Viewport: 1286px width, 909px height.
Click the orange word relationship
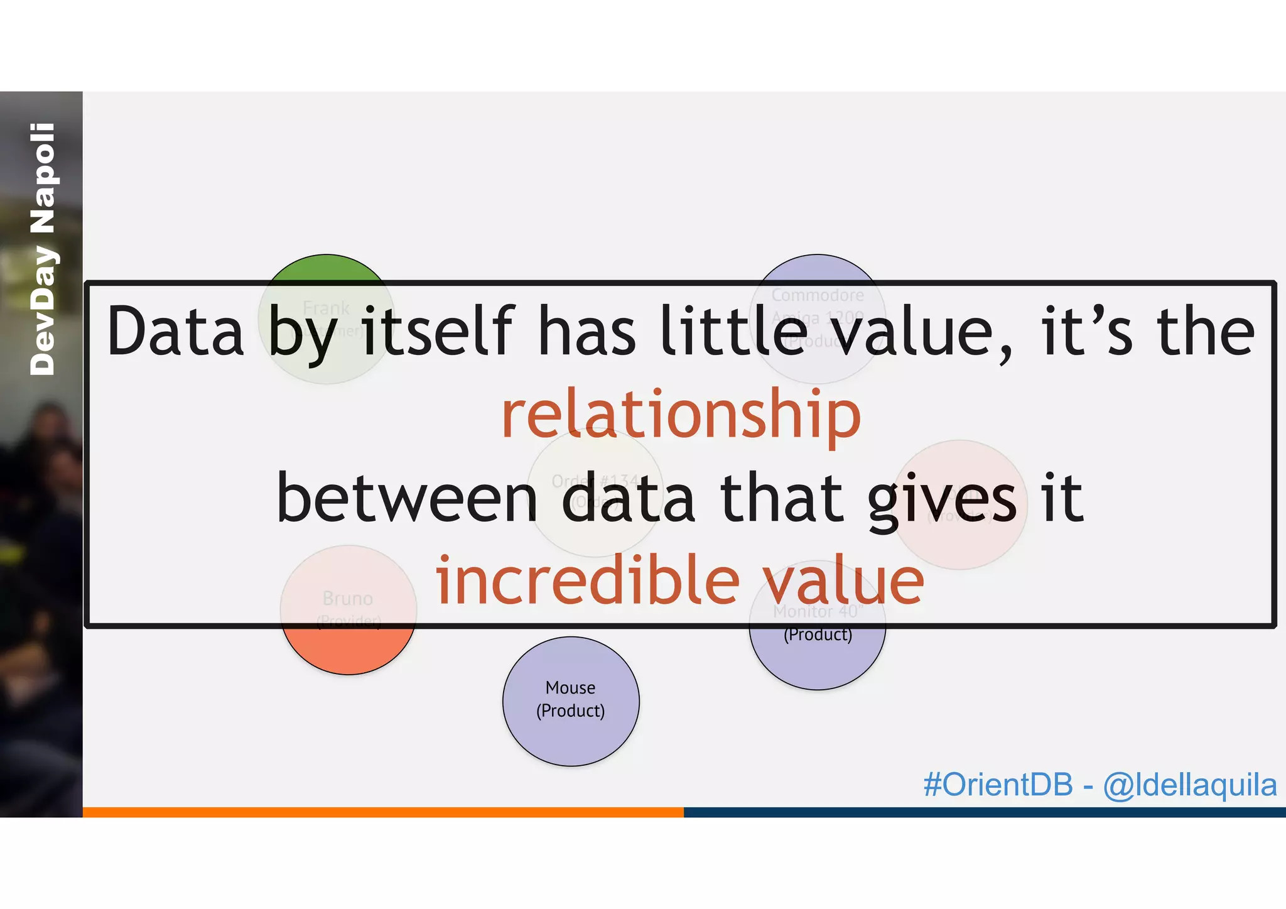[x=681, y=415]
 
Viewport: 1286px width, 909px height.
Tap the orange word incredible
[x=587, y=581]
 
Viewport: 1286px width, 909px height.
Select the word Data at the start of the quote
[x=175, y=332]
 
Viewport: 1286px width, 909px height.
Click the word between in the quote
[x=407, y=499]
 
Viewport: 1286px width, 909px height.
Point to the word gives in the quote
[x=942, y=499]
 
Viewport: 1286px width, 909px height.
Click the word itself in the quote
[x=438, y=332]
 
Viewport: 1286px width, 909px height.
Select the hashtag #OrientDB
[x=998, y=785]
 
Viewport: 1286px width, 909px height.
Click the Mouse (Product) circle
[x=570, y=700]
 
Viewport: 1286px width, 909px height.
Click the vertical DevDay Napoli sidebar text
[x=43, y=249]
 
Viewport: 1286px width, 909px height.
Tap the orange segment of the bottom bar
[x=383, y=812]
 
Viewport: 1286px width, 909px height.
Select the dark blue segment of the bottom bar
[x=984, y=812]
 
